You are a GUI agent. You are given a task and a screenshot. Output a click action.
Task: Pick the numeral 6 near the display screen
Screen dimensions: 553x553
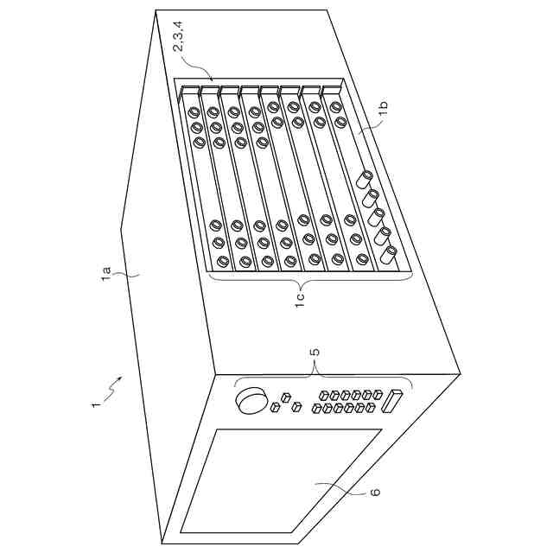(376, 492)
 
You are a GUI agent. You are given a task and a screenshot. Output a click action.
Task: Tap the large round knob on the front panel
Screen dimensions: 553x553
(251, 400)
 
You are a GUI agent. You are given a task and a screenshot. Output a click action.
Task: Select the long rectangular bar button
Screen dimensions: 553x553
(391, 401)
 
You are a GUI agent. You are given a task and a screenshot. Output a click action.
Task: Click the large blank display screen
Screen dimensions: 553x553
(282, 480)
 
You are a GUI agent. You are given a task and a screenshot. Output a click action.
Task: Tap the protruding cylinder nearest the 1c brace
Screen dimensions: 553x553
(387, 255)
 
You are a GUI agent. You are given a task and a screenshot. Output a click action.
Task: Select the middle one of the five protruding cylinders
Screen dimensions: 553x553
(376, 217)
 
